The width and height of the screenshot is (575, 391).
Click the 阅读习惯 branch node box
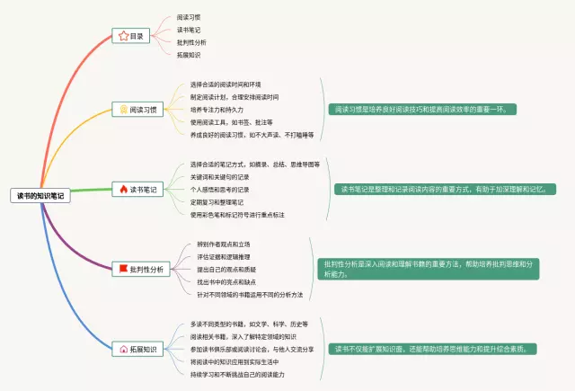point(138,110)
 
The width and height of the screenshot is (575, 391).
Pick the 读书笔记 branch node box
point(138,189)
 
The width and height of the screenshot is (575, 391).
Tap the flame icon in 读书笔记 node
point(124,189)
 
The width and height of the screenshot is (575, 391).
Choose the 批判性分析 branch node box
point(141,269)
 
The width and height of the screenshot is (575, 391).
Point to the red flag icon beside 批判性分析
point(122,269)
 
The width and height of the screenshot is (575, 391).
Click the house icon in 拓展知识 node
point(123,348)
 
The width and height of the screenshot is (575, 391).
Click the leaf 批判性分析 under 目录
point(191,42)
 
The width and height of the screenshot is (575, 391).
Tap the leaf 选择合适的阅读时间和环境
point(226,84)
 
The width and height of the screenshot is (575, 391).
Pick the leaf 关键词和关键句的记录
point(220,177)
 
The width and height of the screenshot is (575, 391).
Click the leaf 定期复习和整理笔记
point(219,202)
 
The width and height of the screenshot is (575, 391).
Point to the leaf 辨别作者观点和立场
point(224,244)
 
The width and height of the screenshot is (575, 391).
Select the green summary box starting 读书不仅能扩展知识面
point(430,348)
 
